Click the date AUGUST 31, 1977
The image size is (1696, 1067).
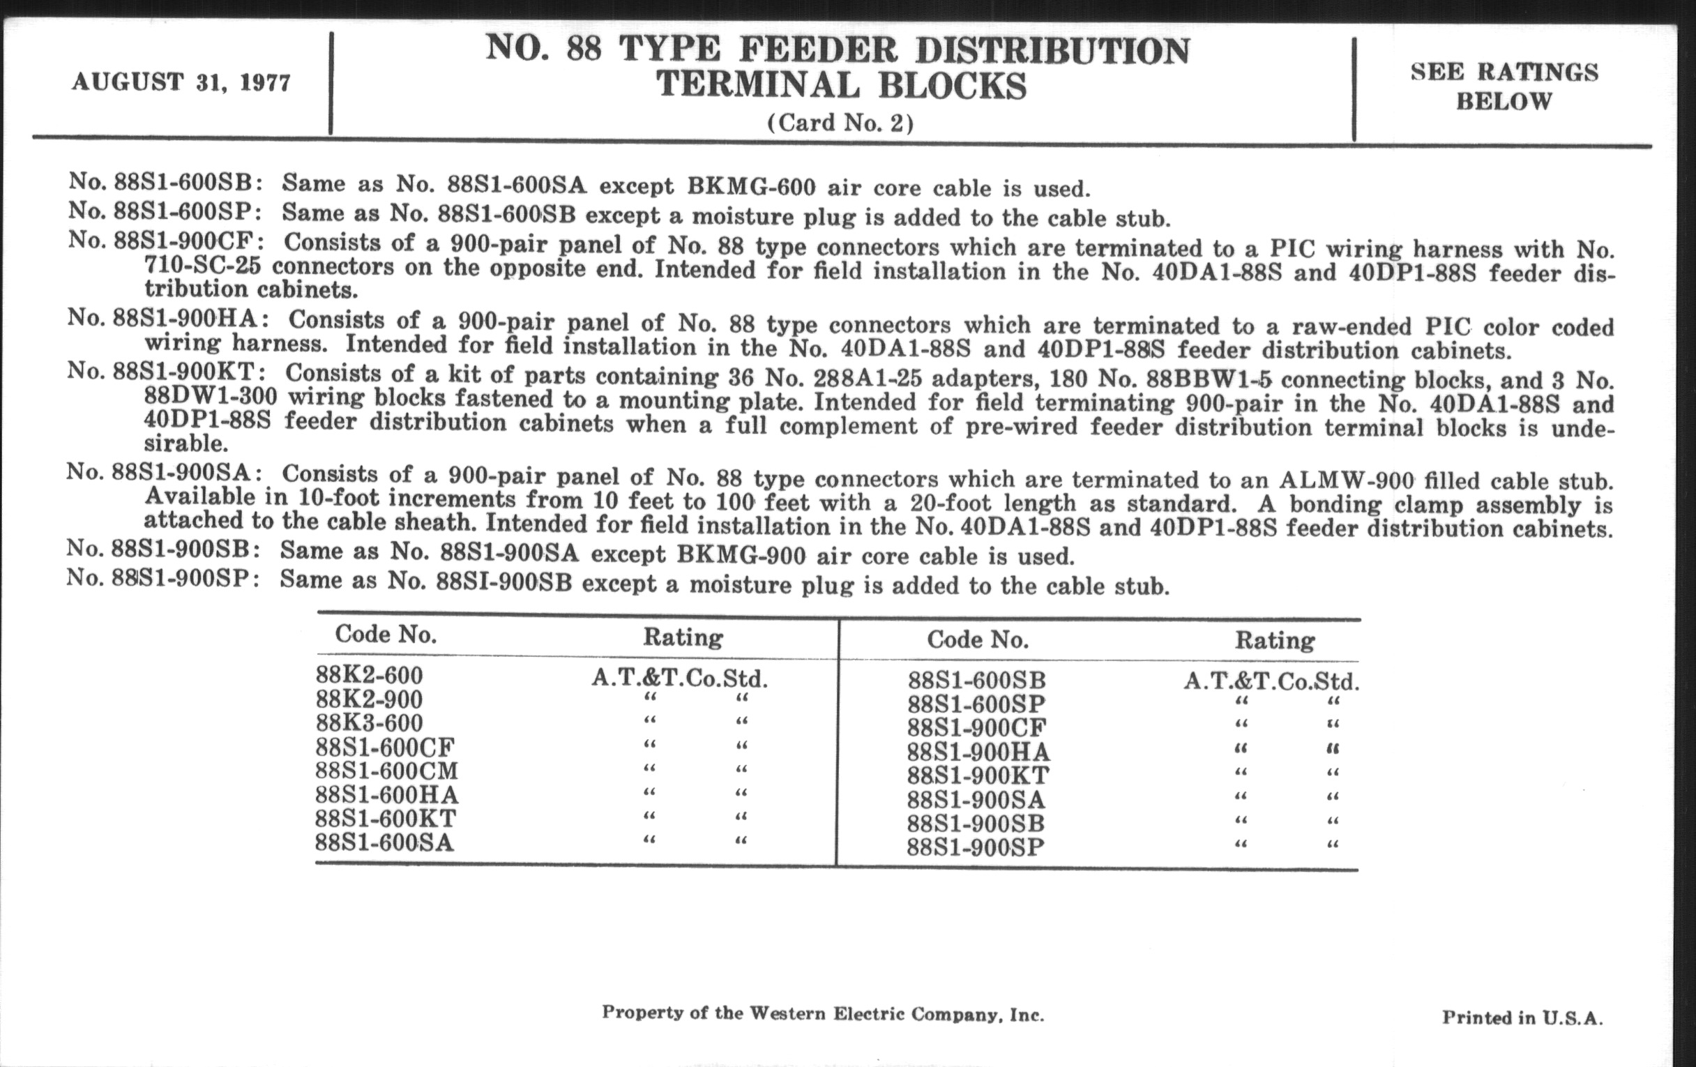point(181,82)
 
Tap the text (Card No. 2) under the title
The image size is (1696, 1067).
point(840,123)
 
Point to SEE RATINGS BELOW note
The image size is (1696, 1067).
point(1504,86)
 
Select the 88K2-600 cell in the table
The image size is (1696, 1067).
point(369,675)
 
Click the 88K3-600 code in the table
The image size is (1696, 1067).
point(369,723)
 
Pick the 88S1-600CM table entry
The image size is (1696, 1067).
point(386,771)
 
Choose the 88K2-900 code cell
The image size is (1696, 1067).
point(369,699)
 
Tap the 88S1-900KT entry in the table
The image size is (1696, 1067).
point(978,775)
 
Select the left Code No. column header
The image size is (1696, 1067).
point(385,635)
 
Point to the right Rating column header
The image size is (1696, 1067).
point(1274,640)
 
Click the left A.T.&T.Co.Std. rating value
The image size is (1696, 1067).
point(679,679)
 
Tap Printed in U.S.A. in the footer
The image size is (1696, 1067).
point(1522,1017)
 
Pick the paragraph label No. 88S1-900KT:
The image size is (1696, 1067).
point(166,371)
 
